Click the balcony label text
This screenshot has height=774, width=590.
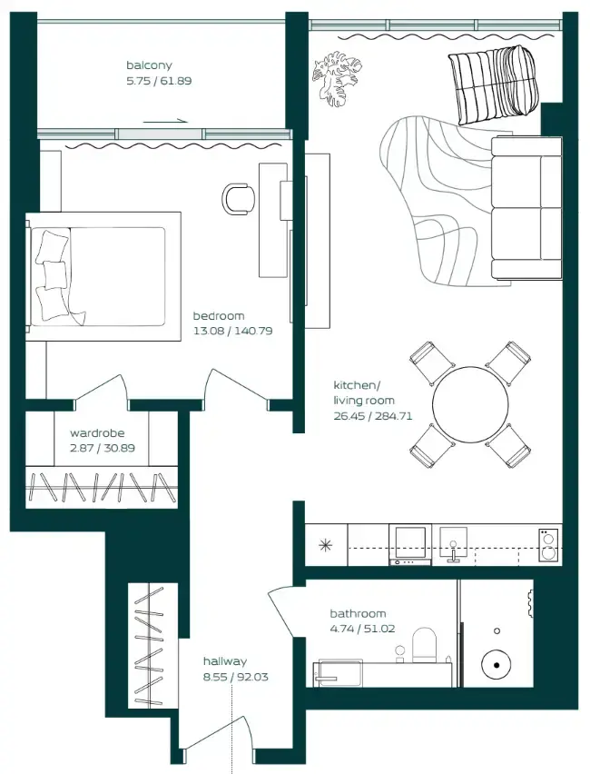(x=149, y=65)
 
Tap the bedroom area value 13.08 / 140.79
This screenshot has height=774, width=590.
(x=233, y=331)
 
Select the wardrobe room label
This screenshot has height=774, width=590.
(x=97, y=433)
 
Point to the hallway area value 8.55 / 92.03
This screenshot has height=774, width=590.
(x=236, y=677)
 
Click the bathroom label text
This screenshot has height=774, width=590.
(x=358, y=613)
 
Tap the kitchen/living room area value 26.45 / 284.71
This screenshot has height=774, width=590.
(x=373, y=416)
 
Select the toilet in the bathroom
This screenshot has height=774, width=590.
(x=424, y=645)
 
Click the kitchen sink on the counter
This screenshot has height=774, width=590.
(x=453, y=544)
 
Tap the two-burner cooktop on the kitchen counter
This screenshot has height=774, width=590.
(x=548, y=544)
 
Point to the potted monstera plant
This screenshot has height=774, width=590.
(x=337, y=77)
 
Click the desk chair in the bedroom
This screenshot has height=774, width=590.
(x=239, y=199)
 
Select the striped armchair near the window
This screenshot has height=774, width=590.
(x=492, y=84)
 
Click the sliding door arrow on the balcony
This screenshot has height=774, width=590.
(x=166, y=120)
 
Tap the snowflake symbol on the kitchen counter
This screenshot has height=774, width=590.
(x=326, y=545)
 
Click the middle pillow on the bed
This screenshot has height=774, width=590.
(x=55, y=274)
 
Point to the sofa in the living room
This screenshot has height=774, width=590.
(x=526, y=208)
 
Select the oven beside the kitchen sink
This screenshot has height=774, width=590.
(x=410, y=544)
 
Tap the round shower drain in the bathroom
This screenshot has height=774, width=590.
(x=497, y=665)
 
